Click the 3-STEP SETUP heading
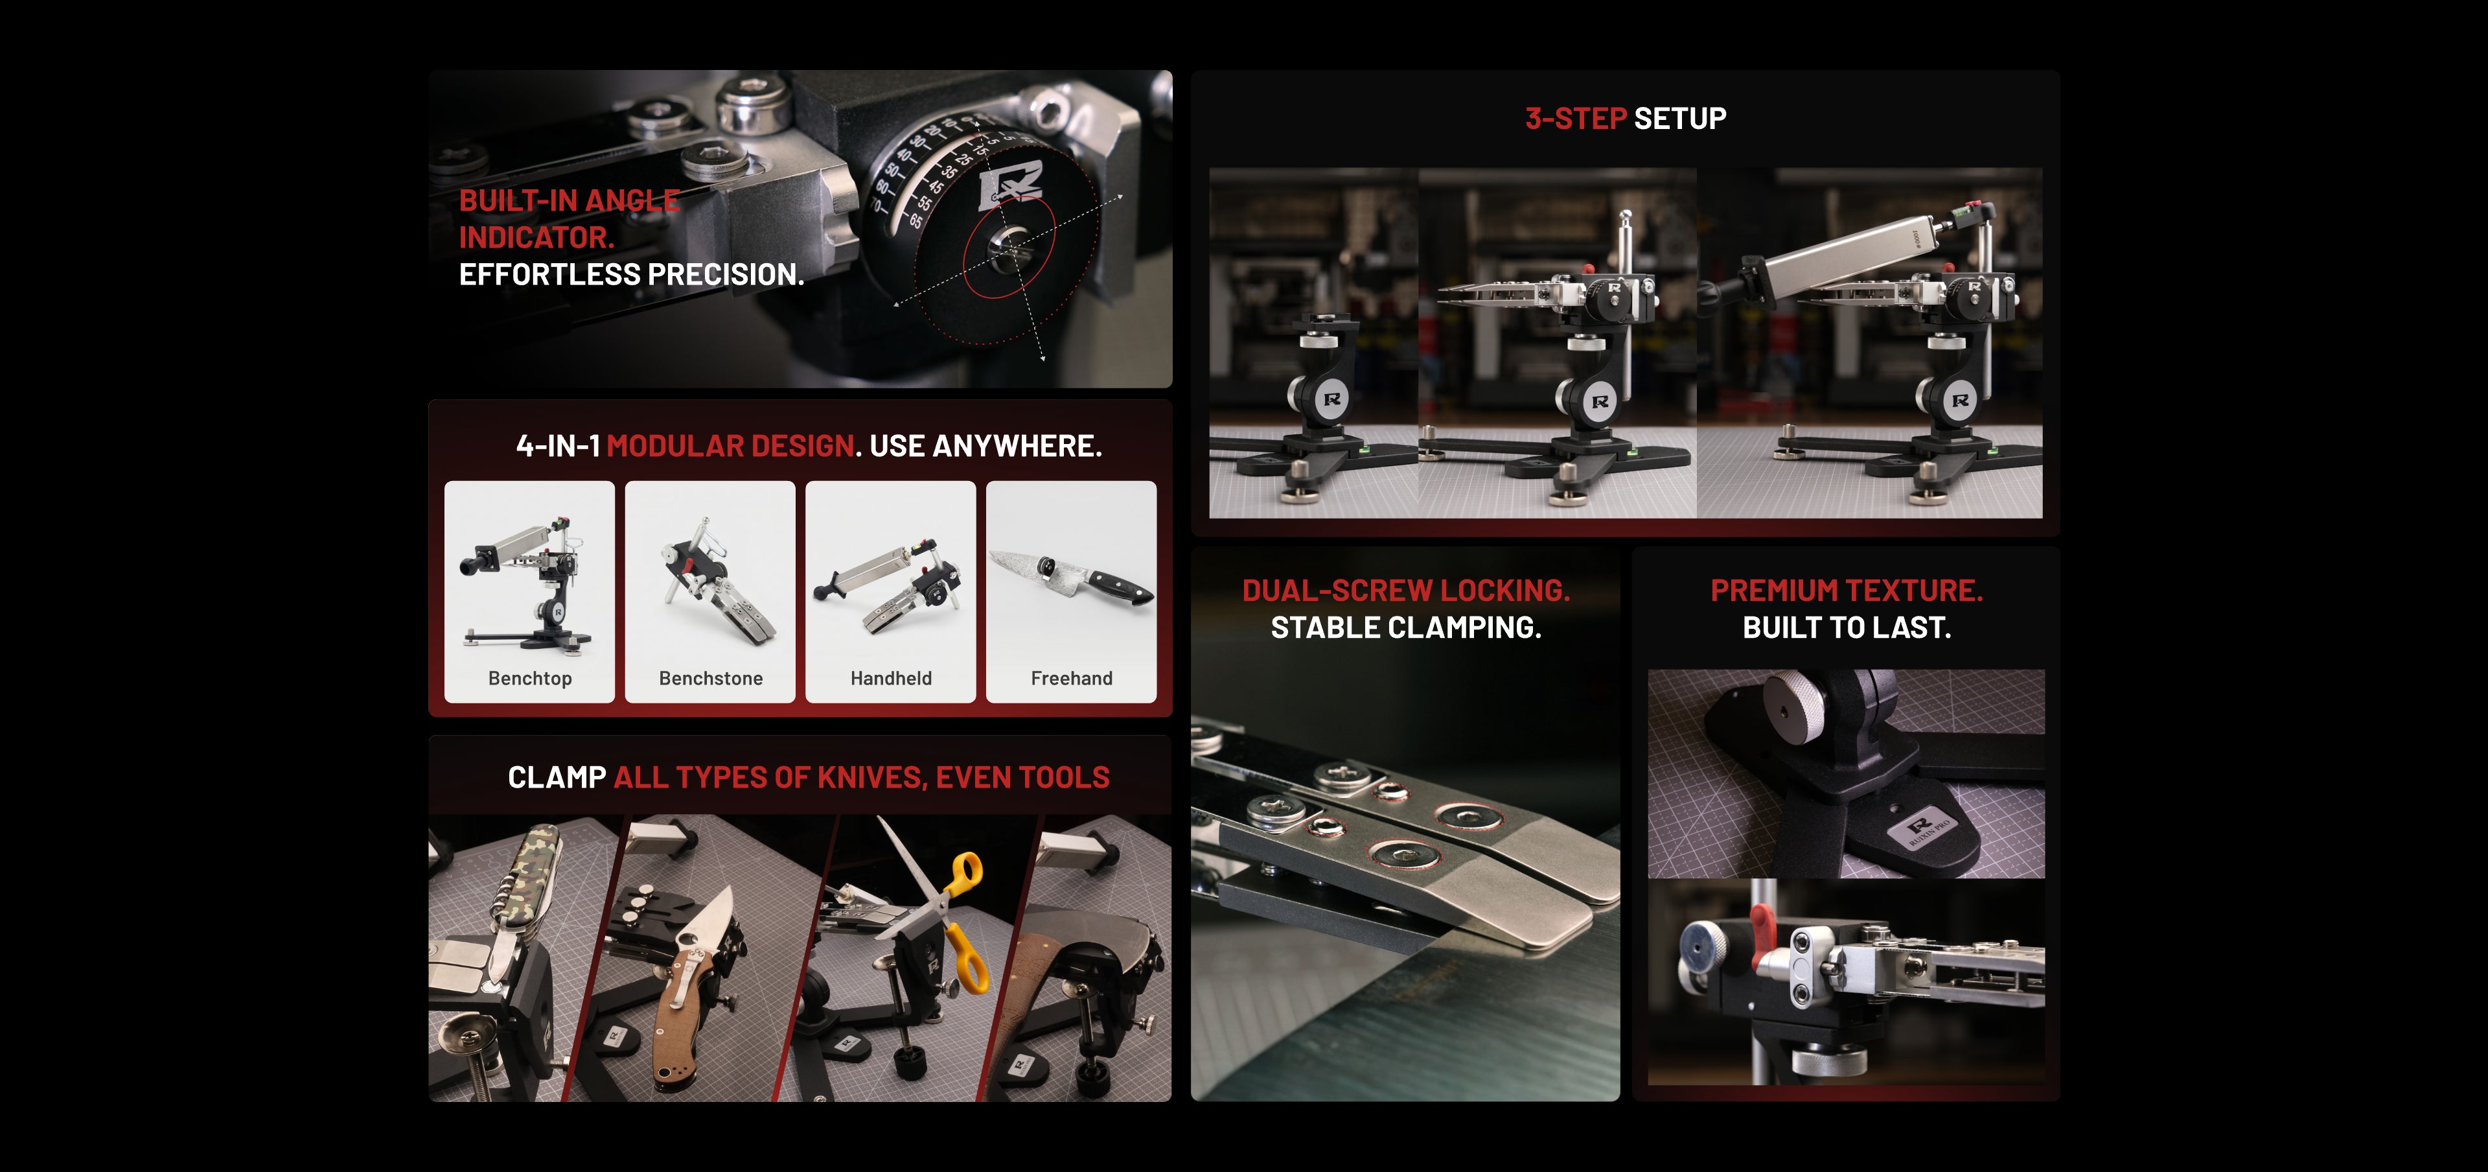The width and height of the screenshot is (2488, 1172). pyautogui.click(x=1626, y=118)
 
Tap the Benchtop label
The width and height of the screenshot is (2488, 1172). pyautogui.click(x=529, y=678)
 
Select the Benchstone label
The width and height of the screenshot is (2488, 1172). pyautogui.click(x=711, y=678)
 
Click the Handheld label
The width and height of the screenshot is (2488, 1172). pyautogui.click(x=890, y=678)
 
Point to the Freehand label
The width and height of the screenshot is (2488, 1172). pyautogui.click(x=1071, y=678)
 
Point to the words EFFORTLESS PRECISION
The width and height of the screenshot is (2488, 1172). pyautogui.click(x=630, y=274)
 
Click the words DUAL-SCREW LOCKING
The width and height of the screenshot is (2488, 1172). pyautogui.click(x=1405, y=591)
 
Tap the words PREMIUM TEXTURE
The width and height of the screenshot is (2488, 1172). pyautogui.click(x=1846, y=591)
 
